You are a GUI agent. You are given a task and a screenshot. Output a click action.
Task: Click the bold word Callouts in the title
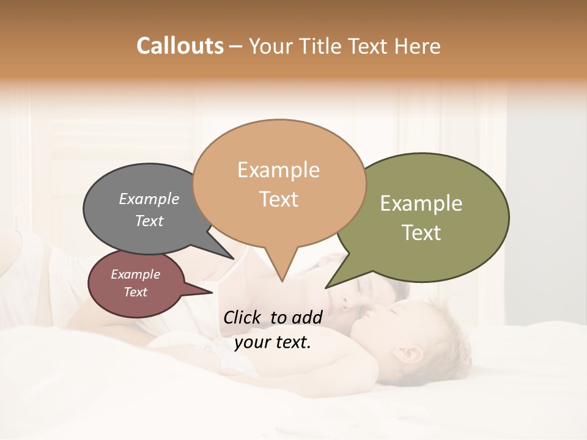180,46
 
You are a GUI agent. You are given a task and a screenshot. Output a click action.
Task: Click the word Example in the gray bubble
149,199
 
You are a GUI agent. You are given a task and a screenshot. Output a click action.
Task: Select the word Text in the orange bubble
279,199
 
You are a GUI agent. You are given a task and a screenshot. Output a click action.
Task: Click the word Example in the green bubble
421,204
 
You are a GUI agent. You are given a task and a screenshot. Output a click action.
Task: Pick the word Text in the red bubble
136,292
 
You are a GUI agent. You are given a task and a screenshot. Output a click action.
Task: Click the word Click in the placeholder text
243,317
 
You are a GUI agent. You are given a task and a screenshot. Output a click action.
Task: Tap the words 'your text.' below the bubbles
273,342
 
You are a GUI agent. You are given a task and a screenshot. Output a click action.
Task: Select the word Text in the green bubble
421,233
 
